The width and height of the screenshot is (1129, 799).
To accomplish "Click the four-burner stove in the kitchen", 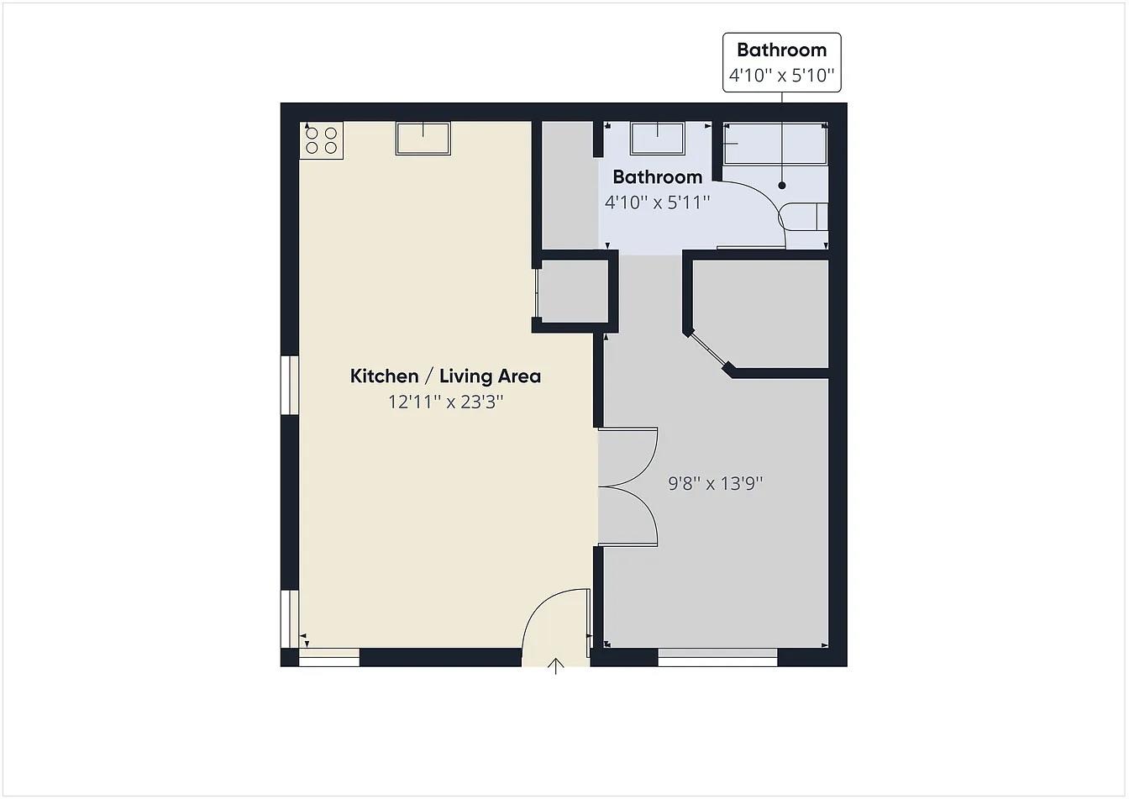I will click(322, 141).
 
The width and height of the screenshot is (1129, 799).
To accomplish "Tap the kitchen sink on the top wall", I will click(423, 138).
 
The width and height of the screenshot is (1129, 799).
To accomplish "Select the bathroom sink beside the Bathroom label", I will click(658, 136).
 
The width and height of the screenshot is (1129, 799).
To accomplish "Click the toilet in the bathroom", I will click(804, 217).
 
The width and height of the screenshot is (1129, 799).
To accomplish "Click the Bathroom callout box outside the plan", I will click(781, 62).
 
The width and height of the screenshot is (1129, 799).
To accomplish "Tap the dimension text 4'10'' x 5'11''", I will click(658, 202).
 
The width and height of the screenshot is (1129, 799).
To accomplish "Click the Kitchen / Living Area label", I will click(445, 376).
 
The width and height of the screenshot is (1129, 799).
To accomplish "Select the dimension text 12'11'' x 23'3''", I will click(445, 402).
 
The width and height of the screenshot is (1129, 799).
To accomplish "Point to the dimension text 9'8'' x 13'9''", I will click(716, 483).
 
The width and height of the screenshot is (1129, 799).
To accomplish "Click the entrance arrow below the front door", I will click(556, 666).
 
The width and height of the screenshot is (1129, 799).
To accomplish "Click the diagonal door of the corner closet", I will click(706, 350).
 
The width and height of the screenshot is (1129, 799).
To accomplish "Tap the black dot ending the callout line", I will click(782, 185).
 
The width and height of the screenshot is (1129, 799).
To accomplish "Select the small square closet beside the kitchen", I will click(573, 291).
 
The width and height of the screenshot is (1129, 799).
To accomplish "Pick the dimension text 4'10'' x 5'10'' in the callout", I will click(781, 76).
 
